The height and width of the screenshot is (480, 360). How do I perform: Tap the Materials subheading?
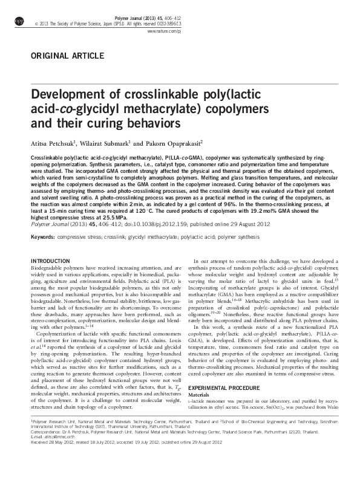click(x=200, y=394)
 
